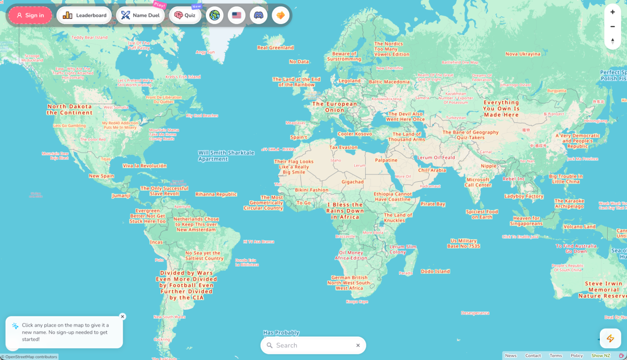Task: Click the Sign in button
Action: pyautogui.click(x=30, y=15)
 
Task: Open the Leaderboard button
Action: pyautogui.click(x=84, y=15)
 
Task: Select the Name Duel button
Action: pyautogui.click(x=140, y=15)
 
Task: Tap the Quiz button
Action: pyautogui.click(x=185, y=15)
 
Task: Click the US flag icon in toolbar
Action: pyautogui.click(x=237, y=15)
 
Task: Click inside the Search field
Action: pyautogui.click(x=313, y=345)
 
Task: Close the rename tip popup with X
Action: pyautogui.click(x=122, y=317)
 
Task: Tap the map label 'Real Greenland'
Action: pyautogui.click(x=275, y=48)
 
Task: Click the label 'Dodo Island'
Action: pyautogui.click(x=435, y=272)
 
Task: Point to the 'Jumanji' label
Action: pyautogui.click(x=121, y=196)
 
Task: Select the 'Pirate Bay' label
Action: pyautogui.click(x=433, y=204)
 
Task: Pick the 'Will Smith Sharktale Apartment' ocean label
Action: pyautogui.click(x=226, y=156)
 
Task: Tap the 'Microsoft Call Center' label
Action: pyautogui.click(x=478, y=182)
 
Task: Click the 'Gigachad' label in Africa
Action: pyautogui.click(x=353, y=182)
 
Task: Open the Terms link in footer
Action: pyautogui.click(x=555, y=356)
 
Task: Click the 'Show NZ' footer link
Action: pyautogui.click(x=600, y=356)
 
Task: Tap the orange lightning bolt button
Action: pyautogui.click(x=610, y=339)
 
